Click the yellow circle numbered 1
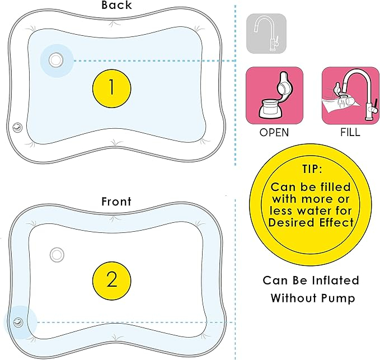pos(112,88)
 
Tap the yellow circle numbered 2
pos(112,280)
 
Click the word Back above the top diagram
pos(116,5)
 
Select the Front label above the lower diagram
pos(116,202)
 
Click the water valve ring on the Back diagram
pos(56,60)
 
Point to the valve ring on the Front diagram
pos(57,255)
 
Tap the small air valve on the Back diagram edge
pos(17,127)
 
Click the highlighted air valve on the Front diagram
pos(18,322)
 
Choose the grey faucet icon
pos(266,34)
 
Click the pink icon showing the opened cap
pos(275,96)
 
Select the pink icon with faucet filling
pos(351,96)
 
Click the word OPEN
pos(274,133)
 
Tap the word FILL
pos(350,133)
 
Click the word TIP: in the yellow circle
pos(312,169)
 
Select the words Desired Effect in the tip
pos(311,222)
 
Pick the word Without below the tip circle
pos(293,298)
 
